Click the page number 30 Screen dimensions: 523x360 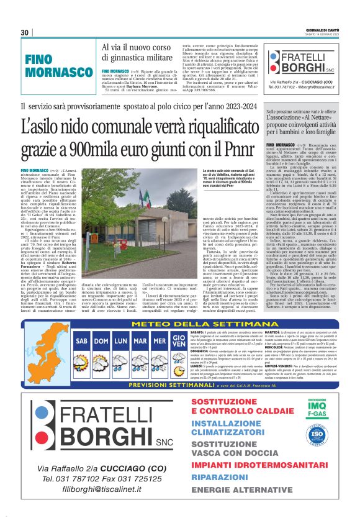pyautogui.click(x=24, y=32)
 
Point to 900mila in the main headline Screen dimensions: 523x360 pyautogui.click(x=110, y=149)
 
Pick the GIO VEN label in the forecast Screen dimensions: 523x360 pyautogui.click(x=161, y=341)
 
